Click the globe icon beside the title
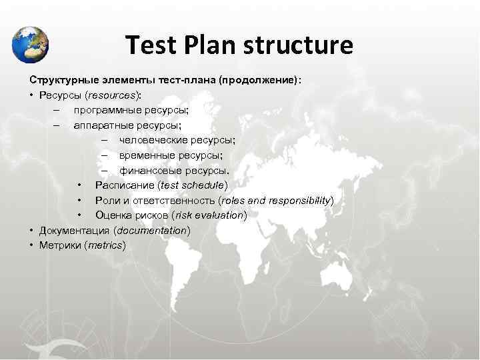pos(30,44)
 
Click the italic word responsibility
pos(299,200)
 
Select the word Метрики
pos(60,245)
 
